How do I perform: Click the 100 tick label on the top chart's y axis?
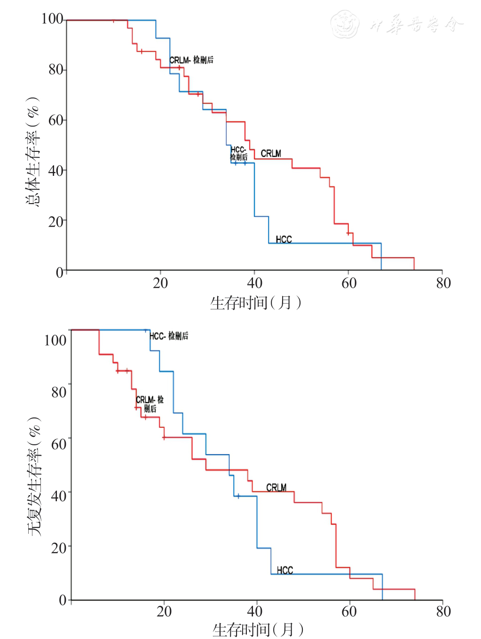point(52,19)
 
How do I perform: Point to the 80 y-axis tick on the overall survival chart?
point(56,70)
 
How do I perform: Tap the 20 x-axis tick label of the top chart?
point(160,283)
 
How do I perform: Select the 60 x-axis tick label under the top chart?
point(349,283)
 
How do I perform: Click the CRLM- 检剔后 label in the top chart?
point(191,60)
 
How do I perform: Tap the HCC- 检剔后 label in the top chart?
point(238,153)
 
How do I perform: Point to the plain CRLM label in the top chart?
point(271,153)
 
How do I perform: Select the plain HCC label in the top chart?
point(284,239)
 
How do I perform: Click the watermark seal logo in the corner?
point(345,24)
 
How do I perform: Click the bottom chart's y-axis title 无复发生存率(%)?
point(34,476)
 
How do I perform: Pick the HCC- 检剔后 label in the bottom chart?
point(169,336)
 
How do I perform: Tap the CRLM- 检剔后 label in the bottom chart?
point(150,404)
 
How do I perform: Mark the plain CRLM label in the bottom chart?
point(276,487)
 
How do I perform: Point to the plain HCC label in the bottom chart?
point(284,570)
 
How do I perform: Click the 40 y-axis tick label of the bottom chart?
point(58,496)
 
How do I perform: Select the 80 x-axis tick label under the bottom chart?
point(443,611)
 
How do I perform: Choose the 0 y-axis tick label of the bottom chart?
point(63,600)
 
